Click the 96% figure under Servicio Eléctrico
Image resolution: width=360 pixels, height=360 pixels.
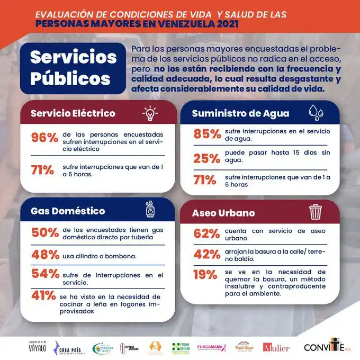(44, 138)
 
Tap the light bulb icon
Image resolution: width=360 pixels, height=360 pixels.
(150, 113)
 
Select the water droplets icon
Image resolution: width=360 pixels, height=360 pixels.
(317, 113)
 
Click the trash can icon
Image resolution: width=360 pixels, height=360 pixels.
(316, 212)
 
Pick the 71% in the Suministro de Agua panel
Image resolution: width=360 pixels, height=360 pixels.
(206, 181)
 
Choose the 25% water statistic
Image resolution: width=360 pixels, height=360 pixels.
(206, 158)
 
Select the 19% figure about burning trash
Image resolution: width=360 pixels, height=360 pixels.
(205, 274)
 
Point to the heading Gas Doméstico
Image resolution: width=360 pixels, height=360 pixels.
(68, 211)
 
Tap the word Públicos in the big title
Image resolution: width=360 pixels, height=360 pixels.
(70, 78)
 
